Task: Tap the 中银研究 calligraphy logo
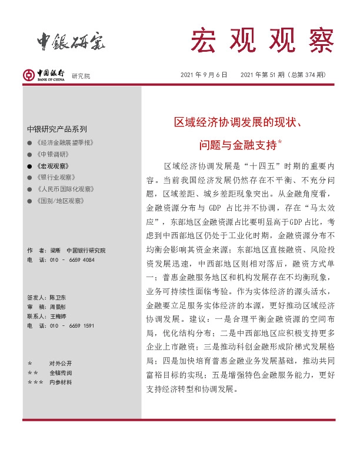tap(69, 41)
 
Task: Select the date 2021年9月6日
tap(204, 75)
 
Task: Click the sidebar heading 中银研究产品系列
tap(56, 129)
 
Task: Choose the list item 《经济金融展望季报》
tap(65, 143)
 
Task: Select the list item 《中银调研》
tap(53, 154)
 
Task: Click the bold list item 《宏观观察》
tap(53, 166)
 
